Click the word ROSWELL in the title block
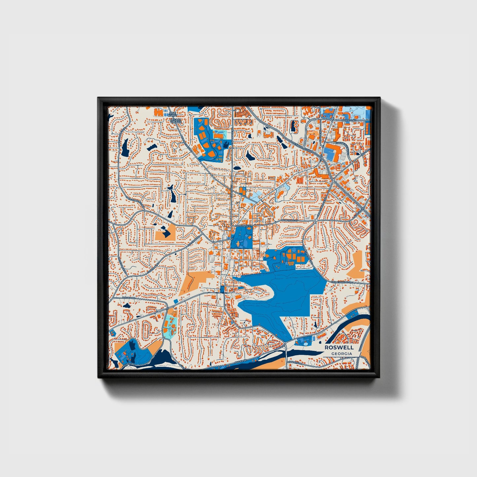point(339,348)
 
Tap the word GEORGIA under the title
point(342,354)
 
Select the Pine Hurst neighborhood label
point(173,114)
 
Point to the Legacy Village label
point(176,121)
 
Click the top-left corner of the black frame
point(98,98)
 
